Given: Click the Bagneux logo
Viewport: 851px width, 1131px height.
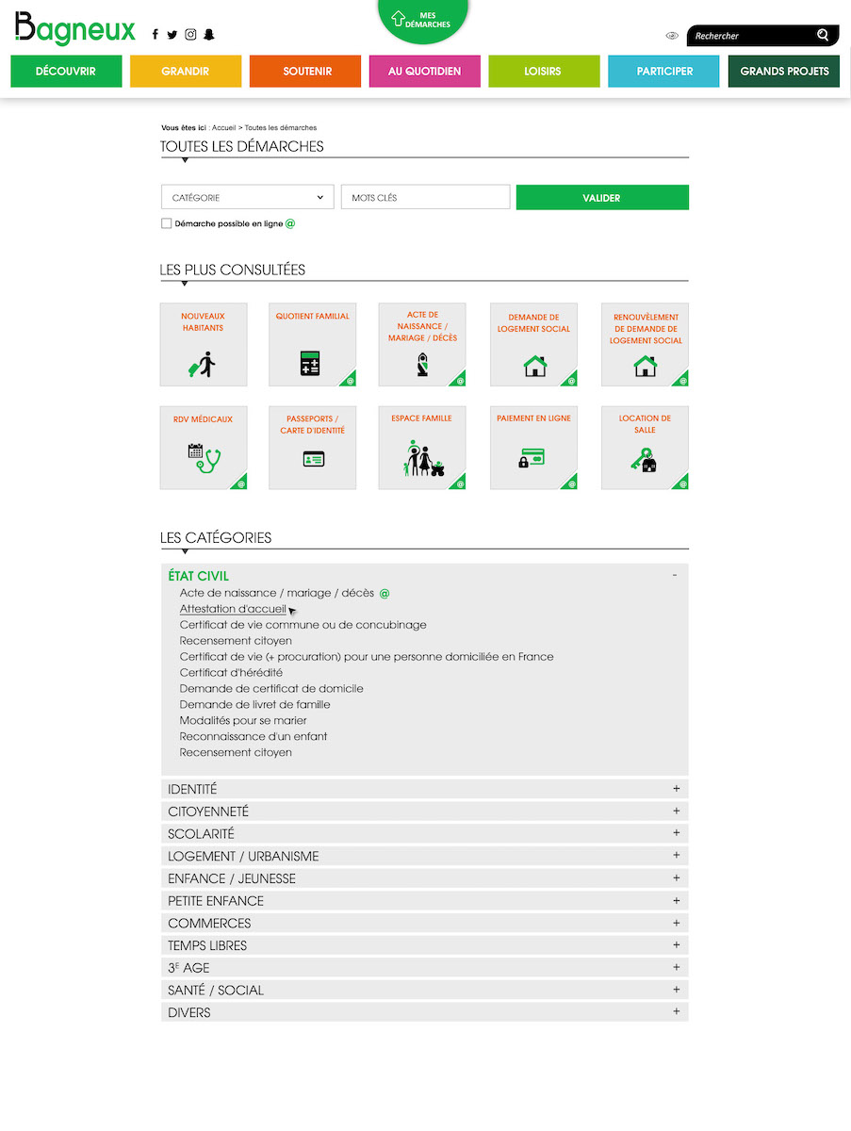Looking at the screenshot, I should point(75,29).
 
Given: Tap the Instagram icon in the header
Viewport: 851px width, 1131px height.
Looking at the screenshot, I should point(190,35).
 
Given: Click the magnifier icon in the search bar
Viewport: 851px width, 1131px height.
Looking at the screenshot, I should point(823,36).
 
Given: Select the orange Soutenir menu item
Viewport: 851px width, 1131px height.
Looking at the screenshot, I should point(305,72).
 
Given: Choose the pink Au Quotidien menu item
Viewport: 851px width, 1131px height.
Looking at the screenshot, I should point(424,72).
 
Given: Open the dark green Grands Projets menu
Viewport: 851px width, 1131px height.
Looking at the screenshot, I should point(784,72).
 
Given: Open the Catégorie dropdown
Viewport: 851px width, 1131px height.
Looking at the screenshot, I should point(248,198).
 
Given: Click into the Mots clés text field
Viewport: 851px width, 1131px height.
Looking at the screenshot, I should point(425,198).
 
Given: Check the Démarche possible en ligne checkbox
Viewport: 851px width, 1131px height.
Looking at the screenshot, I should point(167,224).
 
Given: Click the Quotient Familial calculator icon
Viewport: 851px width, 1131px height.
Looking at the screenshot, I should point(310,364).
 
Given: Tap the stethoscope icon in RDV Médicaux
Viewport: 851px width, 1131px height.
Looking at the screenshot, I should point(204,458).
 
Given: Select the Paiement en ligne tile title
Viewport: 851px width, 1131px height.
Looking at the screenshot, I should point(533,418).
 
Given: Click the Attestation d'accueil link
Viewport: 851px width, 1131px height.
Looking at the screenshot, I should point(233,609).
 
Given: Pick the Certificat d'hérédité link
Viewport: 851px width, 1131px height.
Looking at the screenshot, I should point(231,673).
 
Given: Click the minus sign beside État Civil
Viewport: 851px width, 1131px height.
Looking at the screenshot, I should point(675,575).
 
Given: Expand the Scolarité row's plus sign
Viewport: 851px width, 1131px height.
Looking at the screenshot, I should point(676,833).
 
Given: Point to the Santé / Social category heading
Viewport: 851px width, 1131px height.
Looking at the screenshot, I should point(216,991).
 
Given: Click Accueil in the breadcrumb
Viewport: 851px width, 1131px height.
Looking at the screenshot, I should point(223,127).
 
